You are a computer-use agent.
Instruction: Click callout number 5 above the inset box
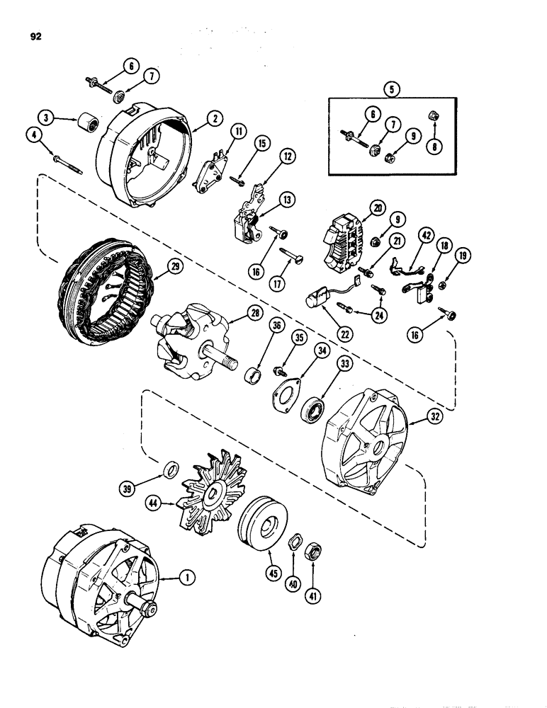tap(389, 91)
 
